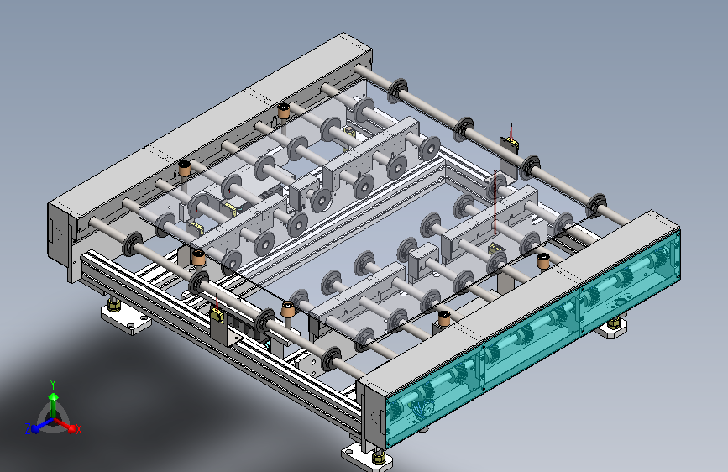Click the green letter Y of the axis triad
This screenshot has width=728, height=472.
point(53,384)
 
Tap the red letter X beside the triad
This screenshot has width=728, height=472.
point(78,429)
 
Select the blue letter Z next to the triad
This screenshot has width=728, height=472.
point(28,429)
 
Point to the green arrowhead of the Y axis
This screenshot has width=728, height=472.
point(54,396)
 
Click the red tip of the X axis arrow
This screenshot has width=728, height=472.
point(71,428)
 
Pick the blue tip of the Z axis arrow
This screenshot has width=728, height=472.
point(34,429)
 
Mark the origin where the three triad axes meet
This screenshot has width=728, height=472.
point(54,421)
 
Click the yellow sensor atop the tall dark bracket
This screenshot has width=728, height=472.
point(511,139)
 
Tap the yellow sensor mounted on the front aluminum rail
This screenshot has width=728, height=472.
point(217,315)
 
